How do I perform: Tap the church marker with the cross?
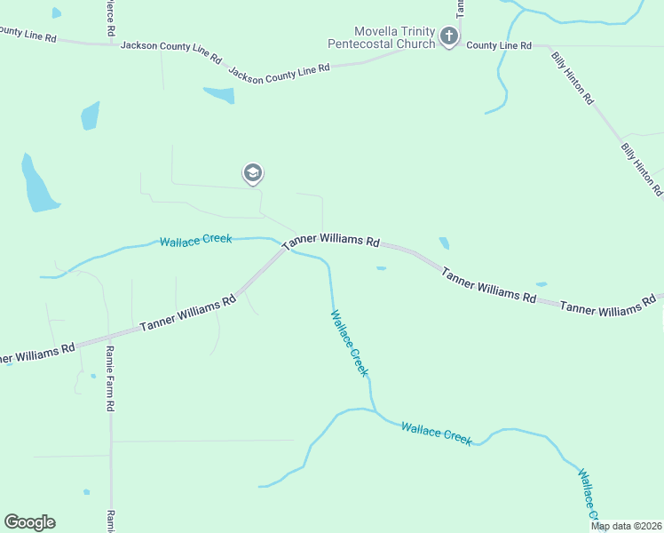click(449, 37)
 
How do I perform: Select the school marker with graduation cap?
click(253, 174)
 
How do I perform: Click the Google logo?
click(29, 522)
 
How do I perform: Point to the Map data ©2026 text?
click(627, 526)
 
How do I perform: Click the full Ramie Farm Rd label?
click(111, 378)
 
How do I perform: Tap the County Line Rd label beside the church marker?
click(499, 45)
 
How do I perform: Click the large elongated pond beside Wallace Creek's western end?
click(38, 185)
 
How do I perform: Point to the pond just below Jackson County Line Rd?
click(219, 94)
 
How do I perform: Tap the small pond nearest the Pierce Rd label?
click(57, 13)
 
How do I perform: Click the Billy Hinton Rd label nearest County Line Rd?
click(572, 78)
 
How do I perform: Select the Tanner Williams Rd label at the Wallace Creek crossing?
click(331, 242)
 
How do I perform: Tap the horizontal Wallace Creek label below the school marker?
click(195, 240)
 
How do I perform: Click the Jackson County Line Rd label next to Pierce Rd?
click(170, 51)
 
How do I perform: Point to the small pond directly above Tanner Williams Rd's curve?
click(444, 243)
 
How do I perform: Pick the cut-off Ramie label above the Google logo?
click(112, 521)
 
